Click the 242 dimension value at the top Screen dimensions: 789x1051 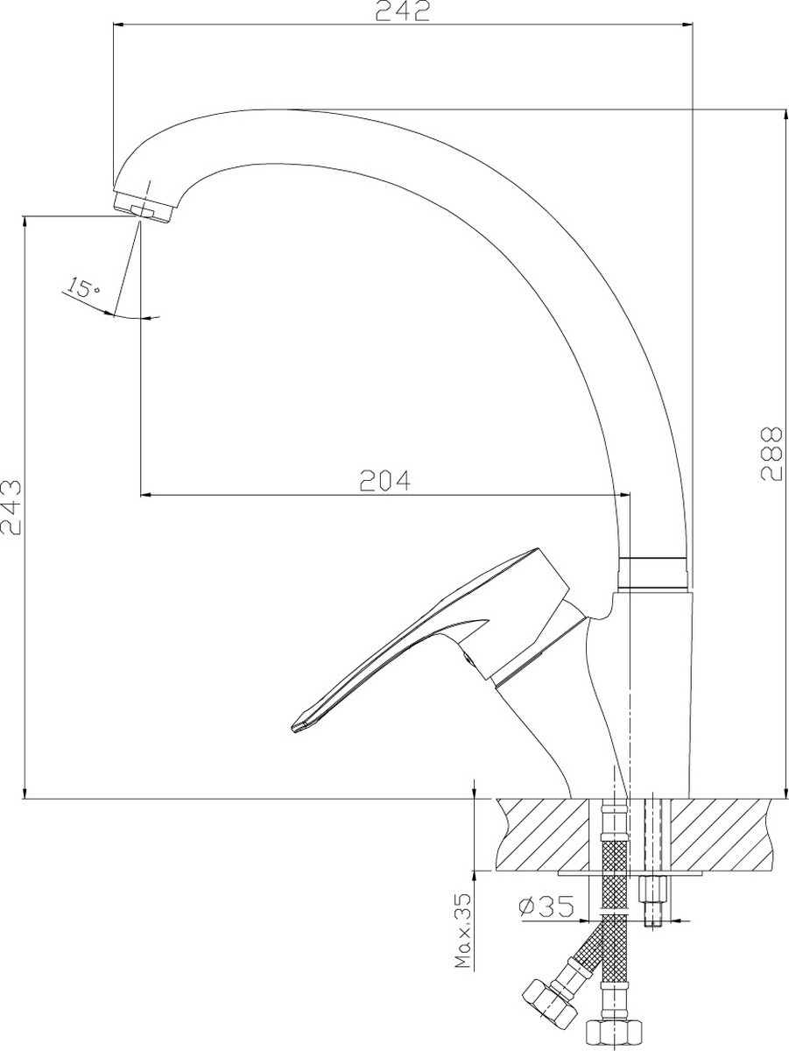coord(402,11)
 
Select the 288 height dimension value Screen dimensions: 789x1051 coord(771,454)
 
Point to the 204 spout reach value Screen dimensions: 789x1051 coord(385,481)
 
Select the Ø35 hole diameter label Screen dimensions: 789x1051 coord(546,906)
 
